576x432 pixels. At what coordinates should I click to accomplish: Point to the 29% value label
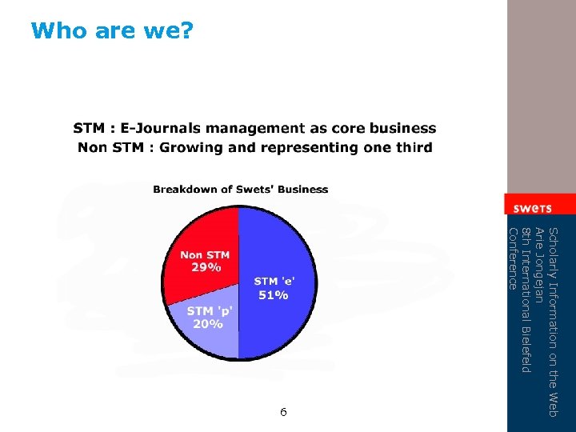[206, 267]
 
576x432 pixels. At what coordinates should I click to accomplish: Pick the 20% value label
[206, 324]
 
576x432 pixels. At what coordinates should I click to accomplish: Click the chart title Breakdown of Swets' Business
[240, 190]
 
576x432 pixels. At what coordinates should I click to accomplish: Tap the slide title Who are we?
[112, 30]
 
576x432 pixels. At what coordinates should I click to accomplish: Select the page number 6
[283, 412]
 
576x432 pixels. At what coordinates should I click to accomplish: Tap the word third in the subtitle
[411, 147]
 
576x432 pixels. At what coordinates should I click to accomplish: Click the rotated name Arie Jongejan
[539, 265]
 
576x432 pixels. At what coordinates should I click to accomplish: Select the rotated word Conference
[514, 258]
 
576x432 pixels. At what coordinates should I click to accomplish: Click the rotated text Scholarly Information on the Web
[552, 321]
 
